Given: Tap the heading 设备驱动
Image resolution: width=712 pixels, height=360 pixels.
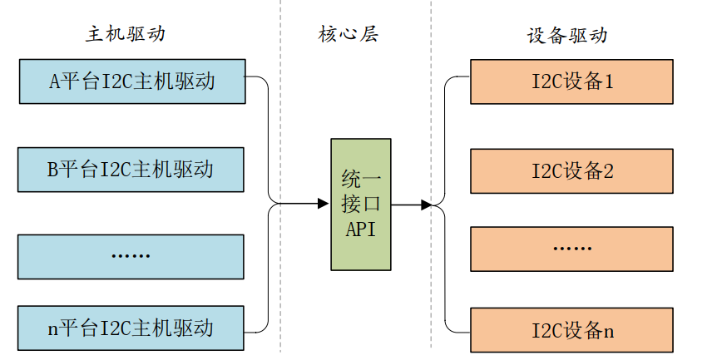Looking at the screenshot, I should (567, 35).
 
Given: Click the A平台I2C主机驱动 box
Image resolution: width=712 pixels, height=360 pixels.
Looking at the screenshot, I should (131, 81).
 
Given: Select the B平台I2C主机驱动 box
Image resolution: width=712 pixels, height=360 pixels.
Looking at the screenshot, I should (131, 170).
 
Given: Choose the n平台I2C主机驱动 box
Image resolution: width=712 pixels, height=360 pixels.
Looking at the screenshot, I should (131, 328).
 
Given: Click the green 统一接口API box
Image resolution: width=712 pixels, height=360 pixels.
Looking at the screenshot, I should (361, 205).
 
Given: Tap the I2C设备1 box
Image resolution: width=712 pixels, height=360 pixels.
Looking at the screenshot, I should (572, 81).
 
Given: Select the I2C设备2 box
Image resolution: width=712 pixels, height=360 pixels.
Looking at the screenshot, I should (572, 171).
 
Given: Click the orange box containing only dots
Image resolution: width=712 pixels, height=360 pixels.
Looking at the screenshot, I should (572, 249).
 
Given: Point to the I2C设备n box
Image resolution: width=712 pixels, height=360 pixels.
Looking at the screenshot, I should (572, 330).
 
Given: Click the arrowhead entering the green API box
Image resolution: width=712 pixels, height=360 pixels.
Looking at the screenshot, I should (324, 204).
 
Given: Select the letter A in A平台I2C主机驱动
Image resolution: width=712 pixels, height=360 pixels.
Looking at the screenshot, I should (56, 81).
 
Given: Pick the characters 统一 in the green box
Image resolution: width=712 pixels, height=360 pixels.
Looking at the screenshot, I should (361, 179).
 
